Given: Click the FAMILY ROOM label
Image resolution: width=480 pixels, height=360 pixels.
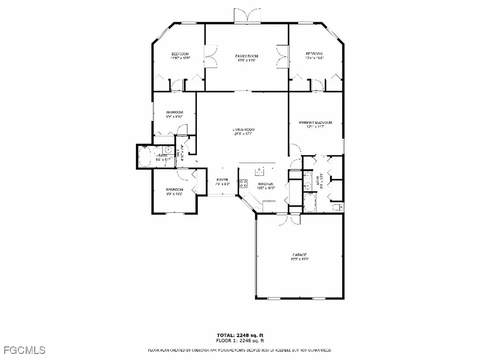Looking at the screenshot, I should pyautogui.click(x=247, y=56).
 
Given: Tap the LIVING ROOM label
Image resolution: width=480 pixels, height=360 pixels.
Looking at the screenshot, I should pyautogui.click(x=244, y=130).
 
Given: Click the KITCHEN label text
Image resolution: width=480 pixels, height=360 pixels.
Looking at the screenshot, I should pyautogui.click(x=265, y=184).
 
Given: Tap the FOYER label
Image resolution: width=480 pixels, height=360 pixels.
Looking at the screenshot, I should pyautogui.click(x=222, y=180).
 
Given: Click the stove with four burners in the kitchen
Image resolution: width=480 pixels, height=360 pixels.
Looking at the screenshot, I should pyautogui.click(x=243, y=183).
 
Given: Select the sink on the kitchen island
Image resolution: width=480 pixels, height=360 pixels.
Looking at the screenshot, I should pyautogui.click(x=257, y=170).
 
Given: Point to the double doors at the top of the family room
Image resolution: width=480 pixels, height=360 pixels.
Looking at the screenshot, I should pyautogui.click(x=247, y=15).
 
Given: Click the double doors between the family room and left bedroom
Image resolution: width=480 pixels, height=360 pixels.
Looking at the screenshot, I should pyautogui.click(x=211, y=56).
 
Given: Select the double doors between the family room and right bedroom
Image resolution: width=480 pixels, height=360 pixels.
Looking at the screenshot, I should pyautogui.click(x=282, y=56).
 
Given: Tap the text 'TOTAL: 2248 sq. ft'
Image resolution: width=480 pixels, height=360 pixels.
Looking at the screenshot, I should pyautogui.click(x=240, y=335).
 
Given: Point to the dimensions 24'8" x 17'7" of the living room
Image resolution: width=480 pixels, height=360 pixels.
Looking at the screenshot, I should pyautogui.click(x=244, y=134).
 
